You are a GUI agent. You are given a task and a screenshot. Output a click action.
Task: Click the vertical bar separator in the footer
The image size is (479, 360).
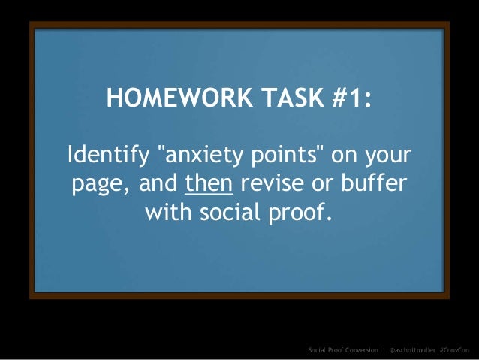pos(383,349)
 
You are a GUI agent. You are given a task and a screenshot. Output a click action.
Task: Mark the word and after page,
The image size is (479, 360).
pos(153,185)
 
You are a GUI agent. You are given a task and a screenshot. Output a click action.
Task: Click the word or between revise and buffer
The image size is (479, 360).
pos(324,185)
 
